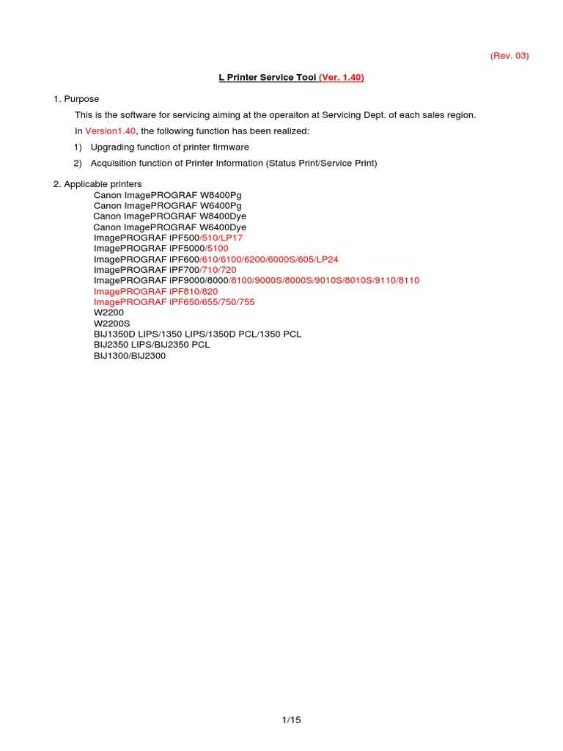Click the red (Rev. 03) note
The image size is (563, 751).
pyautogui.click(x=509, y=56)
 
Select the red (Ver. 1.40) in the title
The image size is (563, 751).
pyautogui.click(x=341, y=78)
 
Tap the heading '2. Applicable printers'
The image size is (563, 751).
pyautogui.click(x=97, y=183)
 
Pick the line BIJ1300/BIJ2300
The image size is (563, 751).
pyautogui.click(x=130, y=356)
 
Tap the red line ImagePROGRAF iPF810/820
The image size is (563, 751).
pyautogui.click(x=155, y=291)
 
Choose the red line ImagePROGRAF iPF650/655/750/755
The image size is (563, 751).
pyautogui.click(x=174, y=302)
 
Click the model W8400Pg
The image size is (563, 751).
pyautogui.click(x=216, y=195)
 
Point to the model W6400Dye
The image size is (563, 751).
pyautogui.click(x=218, y=227)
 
